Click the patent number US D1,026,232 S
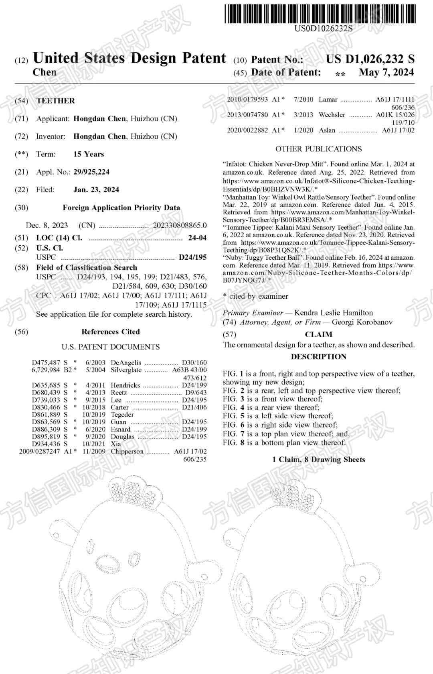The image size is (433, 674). (370, 59)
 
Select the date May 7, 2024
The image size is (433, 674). (386, 73)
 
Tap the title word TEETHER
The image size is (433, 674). (55, 101)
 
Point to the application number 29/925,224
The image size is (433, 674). (91, 172)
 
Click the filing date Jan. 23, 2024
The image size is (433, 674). (96, 189)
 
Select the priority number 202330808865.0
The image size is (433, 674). (180, 225)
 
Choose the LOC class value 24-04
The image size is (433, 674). (197, 238)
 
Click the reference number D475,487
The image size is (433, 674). (46, 362)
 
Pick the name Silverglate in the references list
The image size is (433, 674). (126, 370)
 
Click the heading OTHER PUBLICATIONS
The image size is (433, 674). (318, 149)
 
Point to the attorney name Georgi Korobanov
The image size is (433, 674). (362, 322)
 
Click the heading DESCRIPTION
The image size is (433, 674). (318, 356)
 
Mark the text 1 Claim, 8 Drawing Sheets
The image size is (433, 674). (318, 459)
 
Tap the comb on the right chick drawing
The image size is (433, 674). (289, 491)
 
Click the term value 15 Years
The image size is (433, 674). (89, 154)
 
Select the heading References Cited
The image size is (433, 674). (111, 332)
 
